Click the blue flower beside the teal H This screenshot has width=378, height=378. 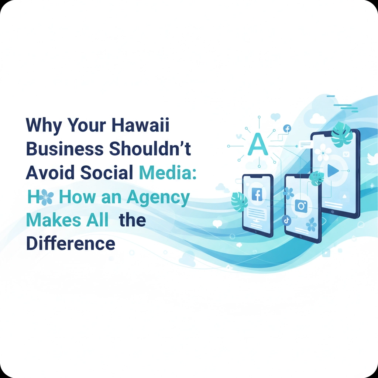(x=46, y=197)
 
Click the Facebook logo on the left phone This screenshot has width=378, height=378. (x=257, y=194)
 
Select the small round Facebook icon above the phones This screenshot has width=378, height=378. (x=287, y=128)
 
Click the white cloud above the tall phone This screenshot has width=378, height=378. (x=318, y=119)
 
